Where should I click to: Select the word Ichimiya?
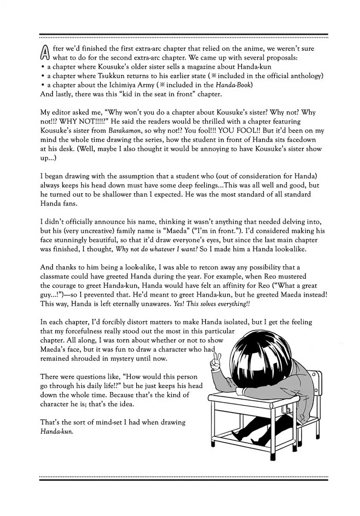pyautogui.click(x=125, y=84)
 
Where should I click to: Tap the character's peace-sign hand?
pyautogui.click(x=218, y=361)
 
